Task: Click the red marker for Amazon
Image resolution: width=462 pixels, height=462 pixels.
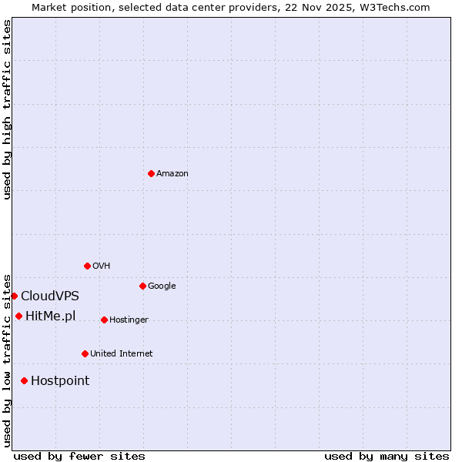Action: tap(151, 173)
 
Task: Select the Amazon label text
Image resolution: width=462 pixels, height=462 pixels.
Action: tap(172, 174)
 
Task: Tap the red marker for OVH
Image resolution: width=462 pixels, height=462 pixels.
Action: tap(87, 266)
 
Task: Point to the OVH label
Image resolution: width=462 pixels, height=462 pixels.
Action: tap(102, 266)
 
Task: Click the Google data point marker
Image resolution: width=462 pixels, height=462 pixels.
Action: tap(142, 286)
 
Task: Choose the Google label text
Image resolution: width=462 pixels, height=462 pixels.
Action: tap(162, 286)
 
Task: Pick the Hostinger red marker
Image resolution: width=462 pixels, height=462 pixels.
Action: tap(104, 320)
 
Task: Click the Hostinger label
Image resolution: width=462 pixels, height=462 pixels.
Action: tap(129, 320)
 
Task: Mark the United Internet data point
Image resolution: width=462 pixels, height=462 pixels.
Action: tap(85, 353)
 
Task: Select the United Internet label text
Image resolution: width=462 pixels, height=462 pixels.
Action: tap(122, 354)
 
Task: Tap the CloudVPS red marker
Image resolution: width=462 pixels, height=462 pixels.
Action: tap(14, 296)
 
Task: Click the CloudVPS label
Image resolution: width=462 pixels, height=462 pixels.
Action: tap(50, 296)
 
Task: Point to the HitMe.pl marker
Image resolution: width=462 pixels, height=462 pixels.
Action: tap(18, 316)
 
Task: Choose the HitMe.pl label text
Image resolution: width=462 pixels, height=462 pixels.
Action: tap(51, 316)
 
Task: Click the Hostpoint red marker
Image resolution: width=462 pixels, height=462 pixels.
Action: tap(24, 380)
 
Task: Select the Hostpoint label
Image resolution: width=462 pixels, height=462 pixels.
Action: tap(60, 381)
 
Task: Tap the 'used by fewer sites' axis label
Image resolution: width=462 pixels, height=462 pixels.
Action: tap(79, 456)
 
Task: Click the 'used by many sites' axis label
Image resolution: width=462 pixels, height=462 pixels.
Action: tap(387, 456)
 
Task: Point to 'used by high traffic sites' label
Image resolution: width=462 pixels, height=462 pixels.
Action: tap(8, 109)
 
